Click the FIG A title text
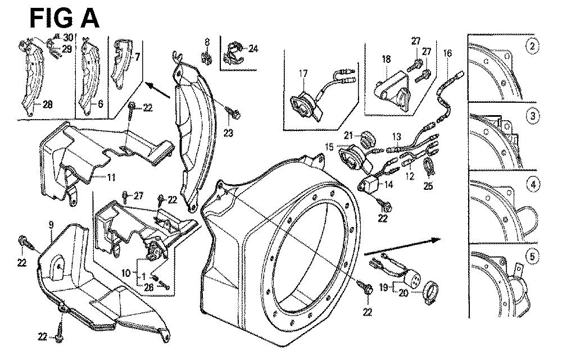point(64,18)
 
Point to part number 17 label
point(303,73)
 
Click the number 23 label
point(228,133)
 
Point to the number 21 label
point(348,135)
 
